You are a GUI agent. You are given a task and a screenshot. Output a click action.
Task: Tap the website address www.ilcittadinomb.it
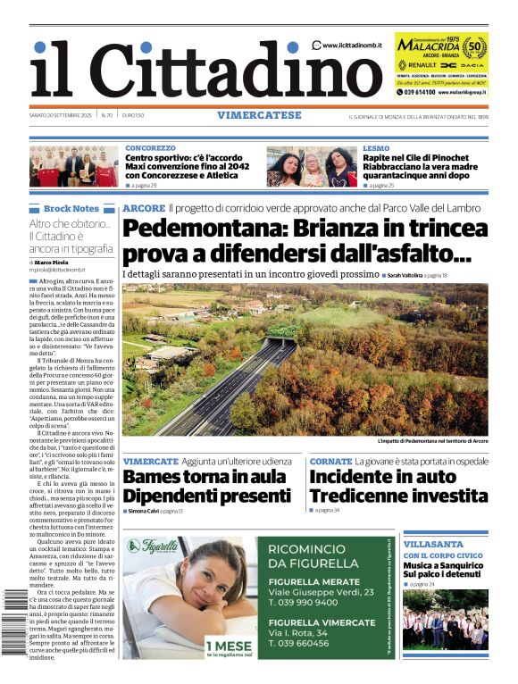[x=353, y=45]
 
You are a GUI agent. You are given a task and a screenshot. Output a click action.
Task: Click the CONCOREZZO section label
[x=150, y=147]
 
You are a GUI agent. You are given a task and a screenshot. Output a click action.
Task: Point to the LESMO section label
[x=376, y=147]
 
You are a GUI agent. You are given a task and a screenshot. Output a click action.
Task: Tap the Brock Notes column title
[x=71, y=208]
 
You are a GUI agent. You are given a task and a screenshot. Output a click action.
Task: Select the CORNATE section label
[x=330, y=461]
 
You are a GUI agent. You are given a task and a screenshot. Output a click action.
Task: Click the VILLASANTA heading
[x=433, y=544]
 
